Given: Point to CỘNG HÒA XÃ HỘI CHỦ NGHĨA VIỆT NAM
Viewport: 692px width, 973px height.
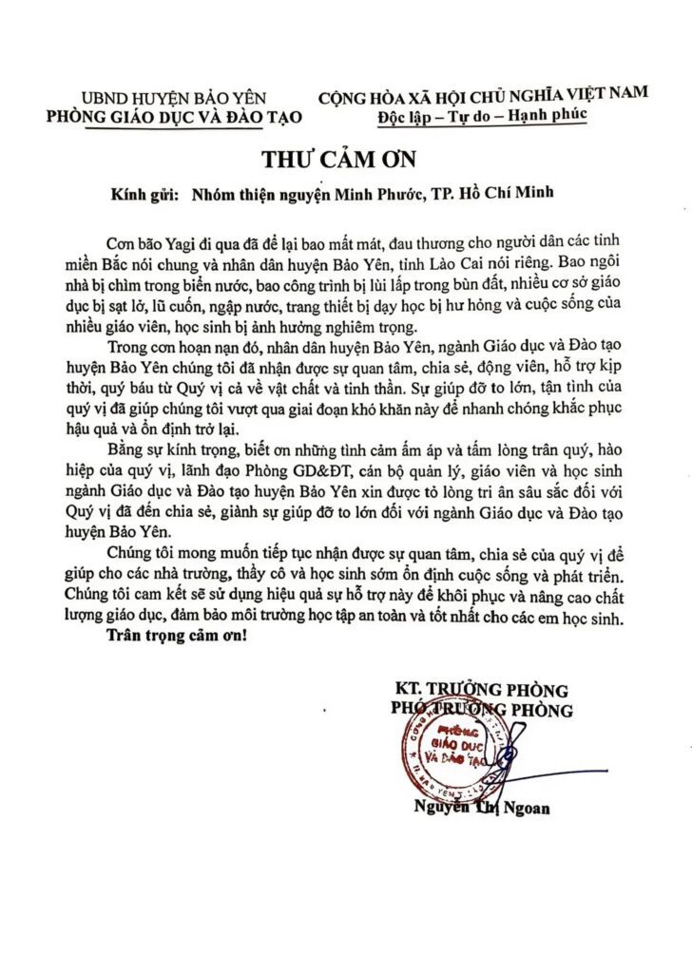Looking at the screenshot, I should [x=484, y=94].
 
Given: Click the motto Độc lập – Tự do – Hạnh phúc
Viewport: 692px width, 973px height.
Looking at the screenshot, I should [x=483, y=115].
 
